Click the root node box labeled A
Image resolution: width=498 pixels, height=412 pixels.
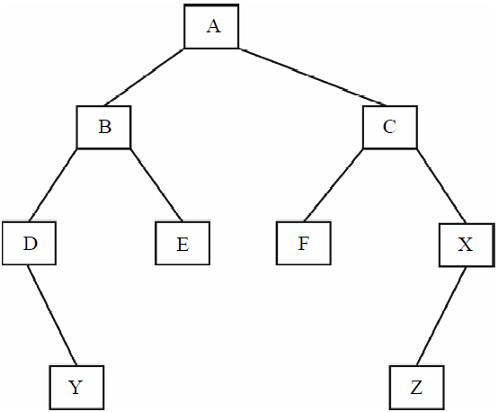pyautogui.click(x=211, y=26)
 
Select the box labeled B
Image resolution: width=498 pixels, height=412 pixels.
pyautogui.click(x=103, y=127)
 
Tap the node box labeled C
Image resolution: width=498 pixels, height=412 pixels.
pyautogui.click(x=390, y=127)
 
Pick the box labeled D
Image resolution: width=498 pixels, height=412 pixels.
pyautogui.click(x=30, y=243)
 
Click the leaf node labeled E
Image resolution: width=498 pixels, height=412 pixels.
pyautogui.click(x=182, y=243)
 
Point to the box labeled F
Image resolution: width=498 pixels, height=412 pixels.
pyautogui.click(x=304, y=243)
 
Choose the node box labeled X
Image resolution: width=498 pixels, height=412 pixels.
pyautogui.click(x=467, y=245)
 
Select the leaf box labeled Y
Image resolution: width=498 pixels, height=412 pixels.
pyautogui.click(x=76, y=388)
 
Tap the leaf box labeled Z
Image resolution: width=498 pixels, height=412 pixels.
pyautogui.click(x=417, y=388)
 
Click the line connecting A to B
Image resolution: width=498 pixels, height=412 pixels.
pyautogui.click(x=144, y=77)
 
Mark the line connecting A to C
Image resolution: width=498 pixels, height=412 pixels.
pyautogui.click(x=313, y=77)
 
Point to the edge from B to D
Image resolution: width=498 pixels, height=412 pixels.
pyautogui.click(x=53, y=184)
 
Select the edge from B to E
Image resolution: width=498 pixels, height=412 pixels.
pyautogui.click(x=156, y=184)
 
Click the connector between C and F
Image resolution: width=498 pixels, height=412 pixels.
pyautogui.click(x=333, y=184)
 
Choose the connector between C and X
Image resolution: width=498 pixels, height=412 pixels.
pyautogui.click(x=441, y=186)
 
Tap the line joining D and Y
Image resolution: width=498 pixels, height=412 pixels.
pyautogui.click(x=52, y=315)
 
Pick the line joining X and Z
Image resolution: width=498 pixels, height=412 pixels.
pyautogui.click(x=441, y=317)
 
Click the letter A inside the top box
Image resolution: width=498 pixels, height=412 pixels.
pyautogui.click(x=213, y=26)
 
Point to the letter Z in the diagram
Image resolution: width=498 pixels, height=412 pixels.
pyautogui.click(x=416, y=388)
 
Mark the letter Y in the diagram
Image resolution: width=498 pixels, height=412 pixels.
pyautogui.click(x=76, y=388)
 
